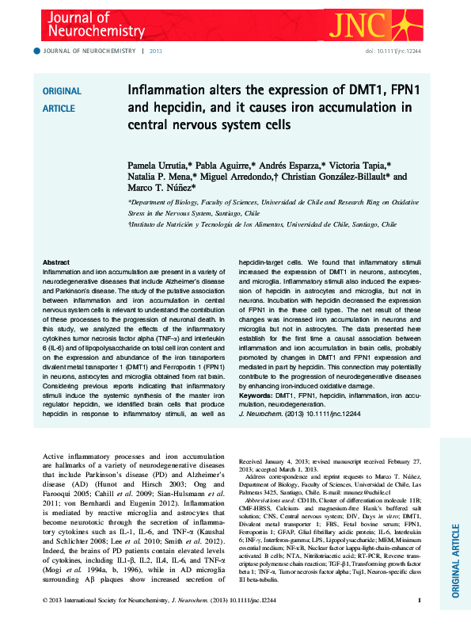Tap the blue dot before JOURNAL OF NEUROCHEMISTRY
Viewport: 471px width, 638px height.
(36, 51)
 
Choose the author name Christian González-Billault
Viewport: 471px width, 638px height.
(336, 178)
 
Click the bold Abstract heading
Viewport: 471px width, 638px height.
(55, 262)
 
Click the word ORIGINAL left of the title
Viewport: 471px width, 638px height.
(61, 92)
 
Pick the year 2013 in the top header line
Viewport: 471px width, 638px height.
(155, 51)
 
